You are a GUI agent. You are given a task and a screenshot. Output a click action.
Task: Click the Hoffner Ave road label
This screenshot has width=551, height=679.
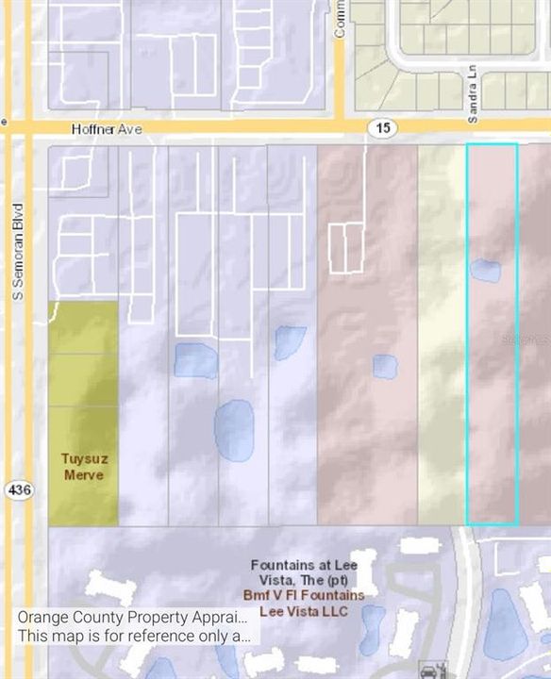(107, 129)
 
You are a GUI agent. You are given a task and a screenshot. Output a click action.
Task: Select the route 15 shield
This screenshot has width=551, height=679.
(385, 127)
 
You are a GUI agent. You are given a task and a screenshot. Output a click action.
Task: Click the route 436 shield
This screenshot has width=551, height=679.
(17, 490)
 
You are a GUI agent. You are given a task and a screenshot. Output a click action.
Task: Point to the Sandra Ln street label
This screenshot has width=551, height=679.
(473, 93)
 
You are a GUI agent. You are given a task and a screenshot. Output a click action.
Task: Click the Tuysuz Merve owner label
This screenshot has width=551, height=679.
(83, 467)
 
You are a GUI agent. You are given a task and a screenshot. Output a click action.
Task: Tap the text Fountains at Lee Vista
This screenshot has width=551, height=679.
(305, 572)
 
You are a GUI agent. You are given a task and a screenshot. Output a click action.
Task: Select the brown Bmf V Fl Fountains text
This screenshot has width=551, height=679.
(309, 596)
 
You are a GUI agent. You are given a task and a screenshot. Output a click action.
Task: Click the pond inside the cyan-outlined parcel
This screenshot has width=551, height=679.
(485, 271)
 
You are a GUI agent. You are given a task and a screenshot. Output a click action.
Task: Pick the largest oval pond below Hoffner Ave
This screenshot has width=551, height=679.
(234, 430)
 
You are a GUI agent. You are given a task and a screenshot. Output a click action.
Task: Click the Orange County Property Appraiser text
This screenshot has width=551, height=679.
(133, 618)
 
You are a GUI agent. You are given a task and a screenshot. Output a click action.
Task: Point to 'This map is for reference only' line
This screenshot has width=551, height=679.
(133, 636)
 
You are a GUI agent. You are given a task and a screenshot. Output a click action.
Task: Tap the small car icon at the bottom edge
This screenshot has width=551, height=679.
(429, 671)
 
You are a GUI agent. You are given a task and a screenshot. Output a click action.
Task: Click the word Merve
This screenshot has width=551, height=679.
(83, 474)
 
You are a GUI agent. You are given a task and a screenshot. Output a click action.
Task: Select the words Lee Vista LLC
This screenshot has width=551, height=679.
(309, 611)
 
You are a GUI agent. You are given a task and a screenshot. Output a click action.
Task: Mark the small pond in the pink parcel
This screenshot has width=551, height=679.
(385, 366)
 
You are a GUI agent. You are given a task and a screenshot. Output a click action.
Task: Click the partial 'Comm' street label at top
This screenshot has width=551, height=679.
(340, 19)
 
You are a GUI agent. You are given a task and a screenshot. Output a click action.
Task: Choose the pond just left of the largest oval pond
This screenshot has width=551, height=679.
(195, 360)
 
